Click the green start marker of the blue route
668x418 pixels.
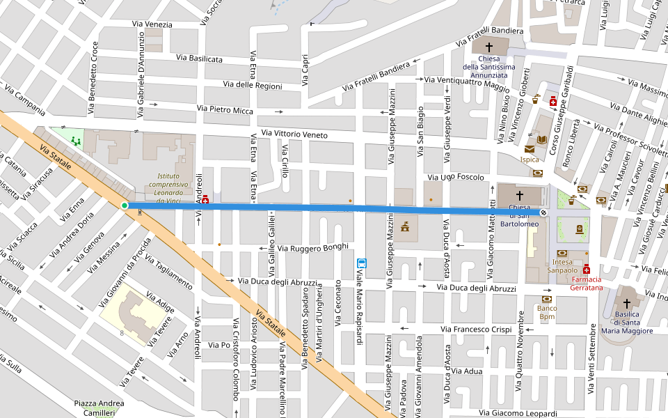click(x=125, y=206)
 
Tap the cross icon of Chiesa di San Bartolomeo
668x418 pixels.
click(x=519, y=195)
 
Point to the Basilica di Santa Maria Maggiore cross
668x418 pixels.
click(x=626, y=304)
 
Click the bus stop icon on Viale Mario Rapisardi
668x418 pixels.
click(x=361, y=263)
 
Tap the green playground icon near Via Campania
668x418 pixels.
click(x=74, y=141)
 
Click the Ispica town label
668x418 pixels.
click(x=530, y=160)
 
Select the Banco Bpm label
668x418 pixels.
click(x=548, y=312)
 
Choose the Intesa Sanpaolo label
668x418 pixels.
click(x=562, y=265)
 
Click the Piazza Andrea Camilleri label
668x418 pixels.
click(x=99, y=408)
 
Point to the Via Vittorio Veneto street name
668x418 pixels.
click(x=294, y=134)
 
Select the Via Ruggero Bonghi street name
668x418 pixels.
click(x=312, y=247)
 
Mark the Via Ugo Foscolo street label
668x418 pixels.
click(x=456, y=178)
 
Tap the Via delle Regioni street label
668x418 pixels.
click(x=253, y=85)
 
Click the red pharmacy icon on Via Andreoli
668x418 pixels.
click(x=205, y=199)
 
